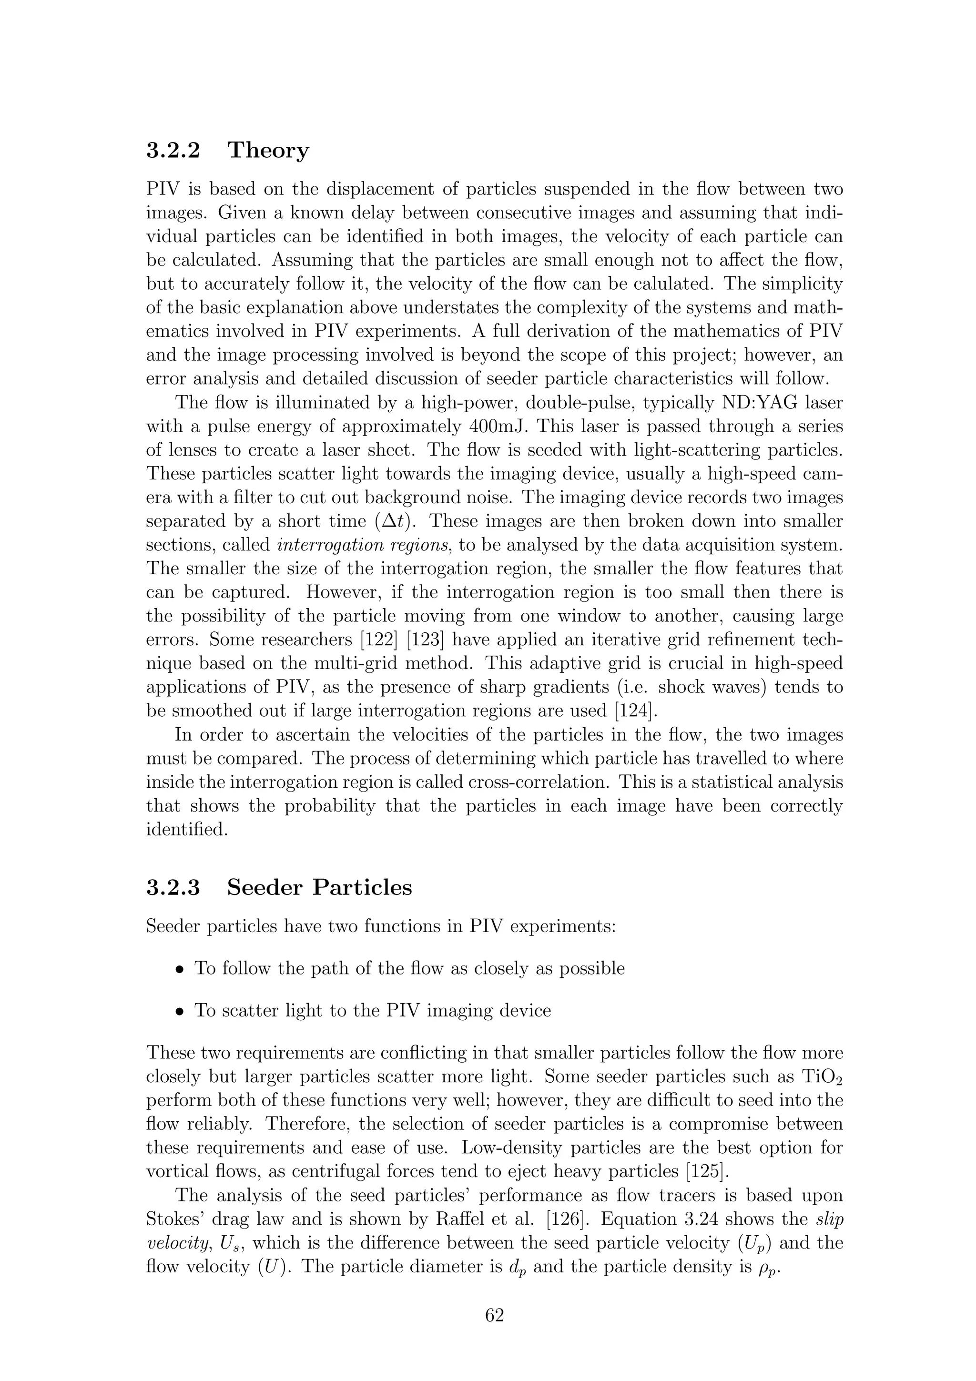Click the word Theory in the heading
[x=268, y=151]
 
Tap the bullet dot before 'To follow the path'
[x=179, y=970]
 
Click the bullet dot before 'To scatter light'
[x=179, y=1012]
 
